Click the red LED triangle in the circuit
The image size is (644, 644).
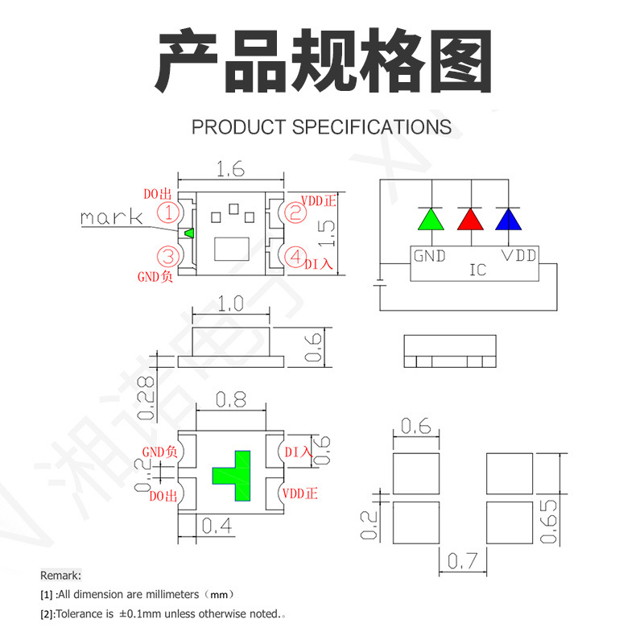click(469, 220)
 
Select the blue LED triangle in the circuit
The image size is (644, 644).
click(506, 220)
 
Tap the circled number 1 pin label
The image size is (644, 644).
click(168, 213)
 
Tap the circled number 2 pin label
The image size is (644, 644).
click(295, 213)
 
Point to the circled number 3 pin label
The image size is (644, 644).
click(168, 257)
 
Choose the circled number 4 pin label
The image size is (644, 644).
click(295, 257)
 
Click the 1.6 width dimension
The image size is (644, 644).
click(230, 169)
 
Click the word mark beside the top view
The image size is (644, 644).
click(111, 217)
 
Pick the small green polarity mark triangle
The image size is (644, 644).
click(189, 233)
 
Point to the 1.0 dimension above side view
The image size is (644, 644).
click(230, 304)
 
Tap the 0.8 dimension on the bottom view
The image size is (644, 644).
click(232, 400)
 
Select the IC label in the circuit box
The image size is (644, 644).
click(477, 270)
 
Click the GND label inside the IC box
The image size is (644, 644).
click(430, 256)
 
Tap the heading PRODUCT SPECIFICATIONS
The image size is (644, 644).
click(321, 127)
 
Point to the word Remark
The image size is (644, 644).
click(60, 575)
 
